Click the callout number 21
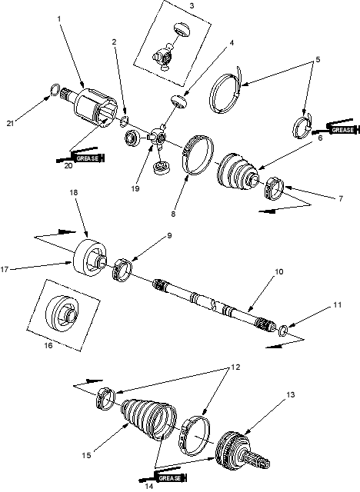tap(10, 123)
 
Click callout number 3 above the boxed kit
tap(192, 5)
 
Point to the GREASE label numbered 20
tap(88, 158)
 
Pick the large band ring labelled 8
tap(197, 154)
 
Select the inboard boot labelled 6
tap(238, 171)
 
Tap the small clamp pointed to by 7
tap(275, 188)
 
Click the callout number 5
tap(318, 59)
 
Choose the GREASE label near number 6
tap(342, 130)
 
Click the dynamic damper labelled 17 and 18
tap(90, 258)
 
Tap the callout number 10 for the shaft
tap(279, 271)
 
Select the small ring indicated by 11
tap(283, 331)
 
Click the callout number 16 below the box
tap(48, 345)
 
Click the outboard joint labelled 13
tap(242, 451)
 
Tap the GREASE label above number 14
tap(169, 478)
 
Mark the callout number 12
tap(235, 367)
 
